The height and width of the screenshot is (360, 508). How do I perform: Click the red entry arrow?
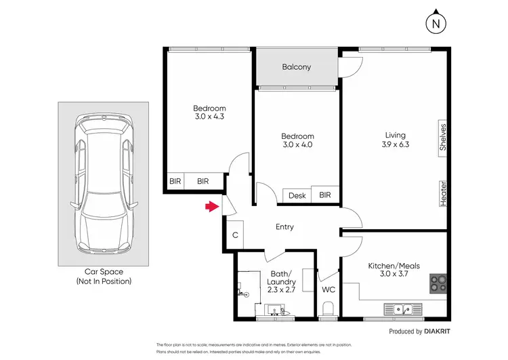tap(212, 207)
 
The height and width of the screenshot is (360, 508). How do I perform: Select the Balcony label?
tap(296, 66)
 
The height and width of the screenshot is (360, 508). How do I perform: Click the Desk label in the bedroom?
tap(297, 196)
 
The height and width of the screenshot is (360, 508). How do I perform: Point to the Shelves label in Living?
tap(442, 136)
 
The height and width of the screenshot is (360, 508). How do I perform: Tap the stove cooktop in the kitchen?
tap(438, 283)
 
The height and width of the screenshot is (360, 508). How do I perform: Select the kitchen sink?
tap(405, 310)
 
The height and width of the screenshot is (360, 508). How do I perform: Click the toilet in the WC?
tap(329, 311)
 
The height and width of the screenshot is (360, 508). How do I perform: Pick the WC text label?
tap(329, 289)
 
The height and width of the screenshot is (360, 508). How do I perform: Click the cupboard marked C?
tap(234, 235)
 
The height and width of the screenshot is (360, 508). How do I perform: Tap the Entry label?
tap(284, 227)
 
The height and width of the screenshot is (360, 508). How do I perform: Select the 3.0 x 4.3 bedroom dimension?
tap(209, 117)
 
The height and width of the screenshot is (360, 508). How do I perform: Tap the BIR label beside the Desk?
tap(325, 195)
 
